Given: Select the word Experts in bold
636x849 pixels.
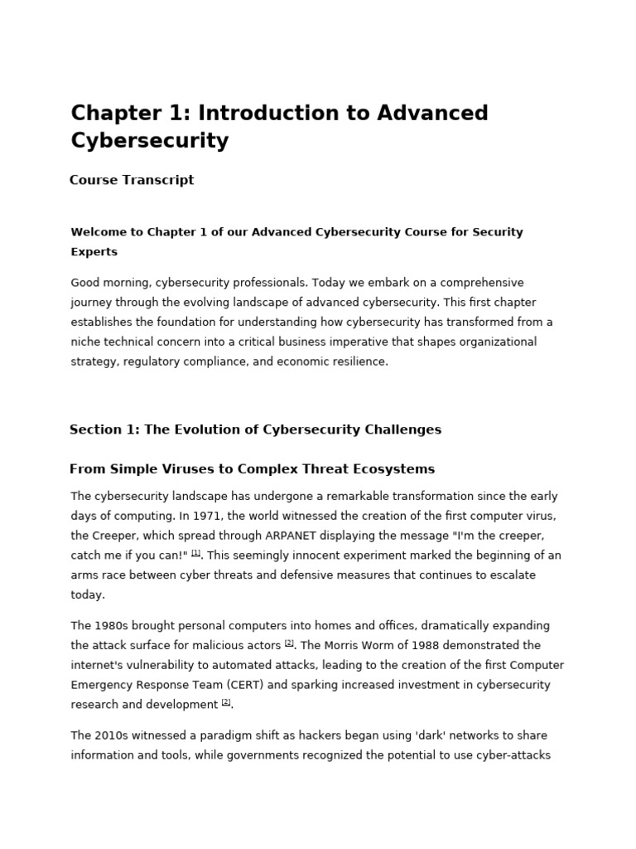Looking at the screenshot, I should (94, 252).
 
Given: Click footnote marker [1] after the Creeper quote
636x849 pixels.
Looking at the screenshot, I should (195, 553).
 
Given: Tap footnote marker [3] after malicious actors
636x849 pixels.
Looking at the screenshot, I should (289, 643).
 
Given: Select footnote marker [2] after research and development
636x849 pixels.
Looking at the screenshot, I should (226, 702).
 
